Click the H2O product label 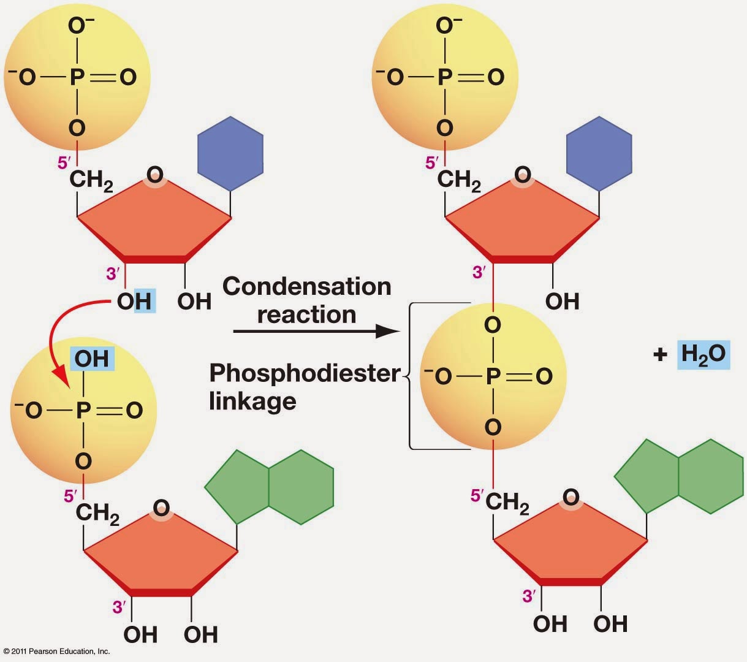(703, 354)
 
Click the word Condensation (306, 286)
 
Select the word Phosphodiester (305, 373)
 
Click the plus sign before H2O (659, 355)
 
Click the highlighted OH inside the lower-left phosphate (92, 359)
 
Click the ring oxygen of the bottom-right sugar (571, 496)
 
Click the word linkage (252, 401)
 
